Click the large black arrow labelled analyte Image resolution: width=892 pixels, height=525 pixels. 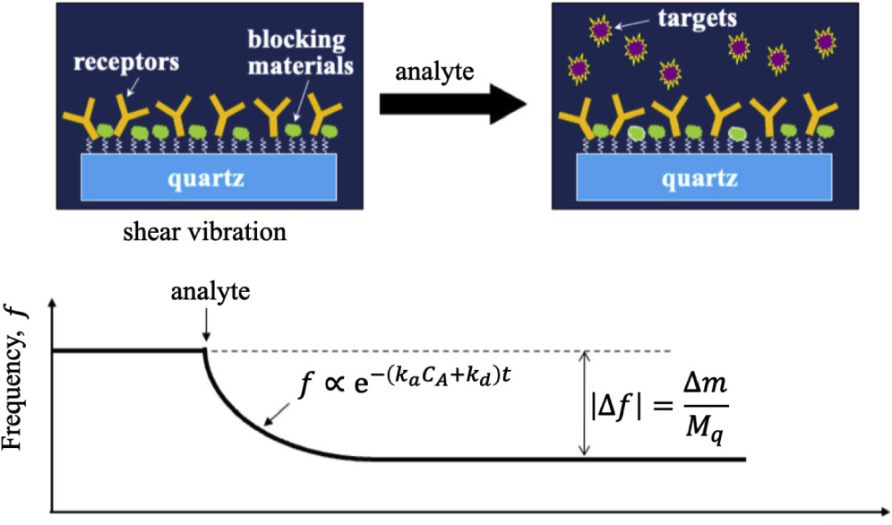coord(451,105)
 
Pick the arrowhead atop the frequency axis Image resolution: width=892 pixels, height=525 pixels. coord(56,309)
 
